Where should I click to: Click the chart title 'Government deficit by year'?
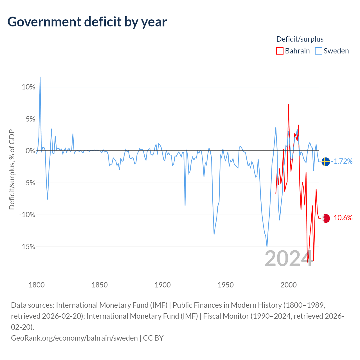[x=87, y=22]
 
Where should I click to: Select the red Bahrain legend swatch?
[x=280, y=51]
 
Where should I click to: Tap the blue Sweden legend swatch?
[x=318, y=51]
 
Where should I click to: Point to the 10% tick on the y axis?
[x=28, y=87]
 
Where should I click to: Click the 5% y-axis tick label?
[x=30, y=119]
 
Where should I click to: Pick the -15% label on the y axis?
[x=27, y=247]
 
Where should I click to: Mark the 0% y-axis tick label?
[x=30, y=151]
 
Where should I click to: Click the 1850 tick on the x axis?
[x=100, y=285]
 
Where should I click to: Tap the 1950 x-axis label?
[x=226, y=285]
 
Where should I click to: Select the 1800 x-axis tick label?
[x=37, y=285]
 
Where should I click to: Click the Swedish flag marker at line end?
[x=326, y=161]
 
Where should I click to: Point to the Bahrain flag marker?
[x=326, y=218]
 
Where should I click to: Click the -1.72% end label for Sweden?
[x=342, y=161]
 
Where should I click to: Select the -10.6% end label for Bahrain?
[x=342, y=218]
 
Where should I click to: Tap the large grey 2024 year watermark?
[x=289, y=258]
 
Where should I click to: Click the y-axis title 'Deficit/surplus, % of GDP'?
[x=12, y=169]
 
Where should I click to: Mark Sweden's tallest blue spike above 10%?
[x=40, y=77]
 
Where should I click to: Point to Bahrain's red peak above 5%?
[x=288, y=104]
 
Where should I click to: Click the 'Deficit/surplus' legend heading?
[x=300, y=39]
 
